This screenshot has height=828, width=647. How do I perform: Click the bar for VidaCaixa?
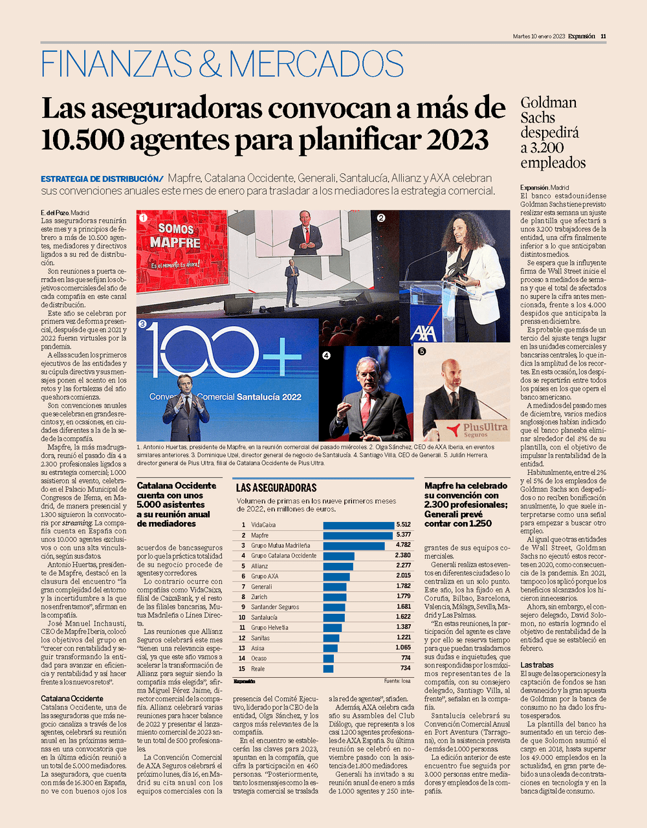[358, 525]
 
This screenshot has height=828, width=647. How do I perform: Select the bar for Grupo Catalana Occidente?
[339, 556]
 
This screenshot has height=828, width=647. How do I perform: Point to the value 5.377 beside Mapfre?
[403, 536]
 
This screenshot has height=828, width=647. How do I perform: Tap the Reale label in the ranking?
[258, 669]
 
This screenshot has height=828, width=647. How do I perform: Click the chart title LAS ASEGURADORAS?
[276, 488]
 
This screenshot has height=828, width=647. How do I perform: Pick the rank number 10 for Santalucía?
[242, 617]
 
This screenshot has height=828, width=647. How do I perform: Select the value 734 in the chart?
[406, 668]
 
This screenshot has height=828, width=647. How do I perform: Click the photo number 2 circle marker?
[380, 218]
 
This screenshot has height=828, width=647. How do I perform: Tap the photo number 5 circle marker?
[421, 352]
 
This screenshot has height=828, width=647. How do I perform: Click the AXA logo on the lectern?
[423, 334]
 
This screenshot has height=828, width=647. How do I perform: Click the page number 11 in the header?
[603, 36]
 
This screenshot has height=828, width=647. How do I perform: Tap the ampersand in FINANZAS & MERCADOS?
[210, 63]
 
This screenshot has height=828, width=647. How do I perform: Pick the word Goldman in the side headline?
[549, 103]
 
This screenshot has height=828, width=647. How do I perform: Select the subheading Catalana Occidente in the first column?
[72, 699]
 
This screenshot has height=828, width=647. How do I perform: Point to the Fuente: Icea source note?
[397, 681]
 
